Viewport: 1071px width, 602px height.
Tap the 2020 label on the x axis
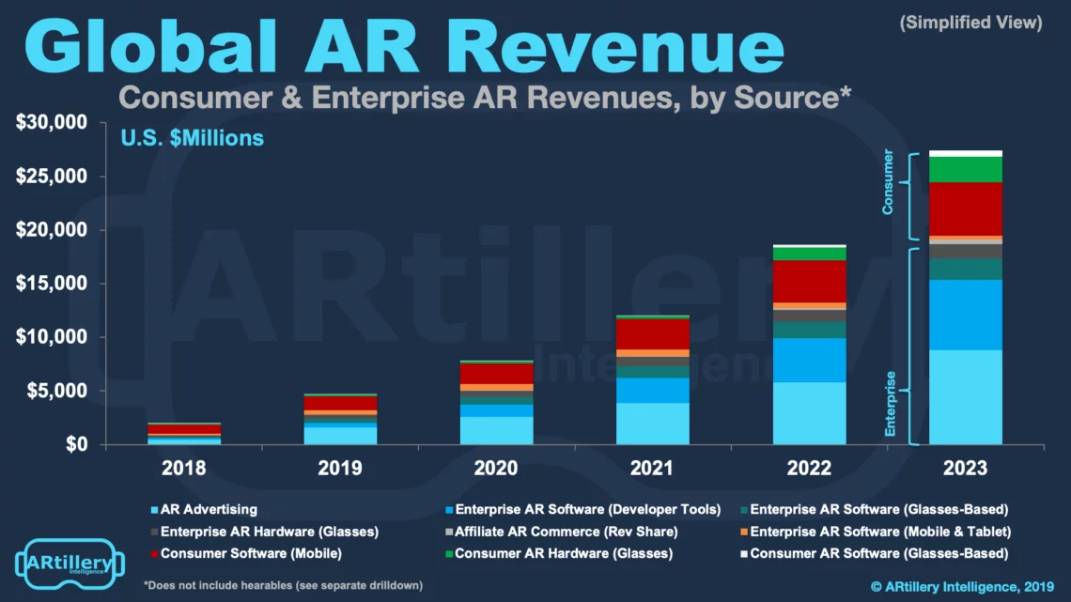[496, 467]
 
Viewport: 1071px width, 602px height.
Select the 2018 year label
[183, 467]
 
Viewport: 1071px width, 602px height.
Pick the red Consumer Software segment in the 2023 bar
[965, 208]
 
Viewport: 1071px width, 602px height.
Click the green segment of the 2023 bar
[965, 169]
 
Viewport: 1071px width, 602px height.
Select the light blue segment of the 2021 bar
[652, 423]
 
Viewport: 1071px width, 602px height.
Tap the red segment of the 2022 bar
[809, 281]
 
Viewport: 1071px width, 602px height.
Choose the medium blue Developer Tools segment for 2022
[809, 360]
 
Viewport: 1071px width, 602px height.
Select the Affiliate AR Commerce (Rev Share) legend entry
[558, 532]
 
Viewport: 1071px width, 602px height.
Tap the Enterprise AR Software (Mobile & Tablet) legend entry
[873, 532]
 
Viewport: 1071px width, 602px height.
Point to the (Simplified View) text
[970, 23]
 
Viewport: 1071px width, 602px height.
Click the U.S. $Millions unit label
[192, 138]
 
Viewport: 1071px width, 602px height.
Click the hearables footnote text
[283, 585]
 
